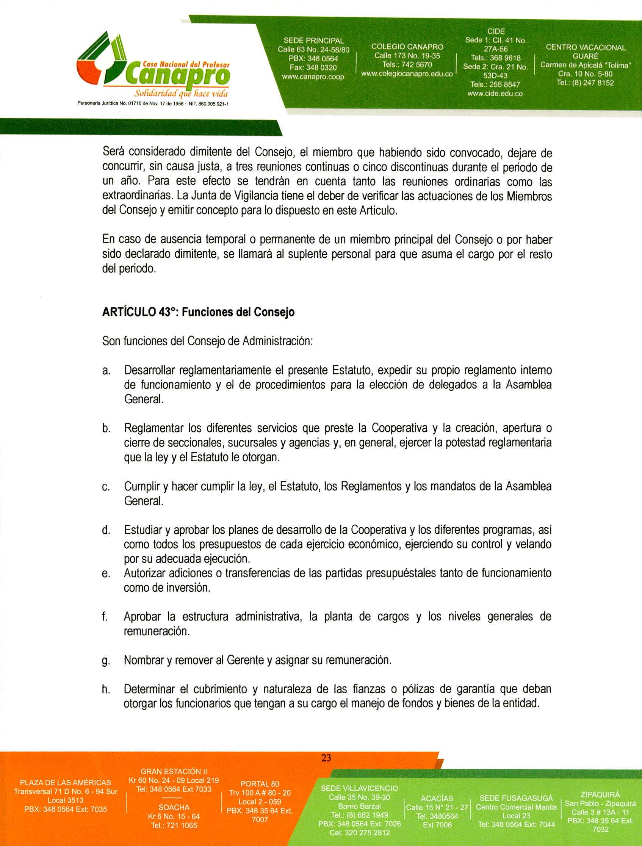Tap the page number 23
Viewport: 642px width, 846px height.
click(326, 758)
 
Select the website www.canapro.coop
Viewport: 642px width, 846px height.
click(313, 77)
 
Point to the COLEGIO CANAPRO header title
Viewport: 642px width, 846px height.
click(407, 47)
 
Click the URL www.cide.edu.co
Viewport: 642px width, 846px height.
click(495, 93)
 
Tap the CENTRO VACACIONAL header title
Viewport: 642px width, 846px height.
click(586, 47)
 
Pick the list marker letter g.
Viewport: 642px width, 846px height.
click(105, 661)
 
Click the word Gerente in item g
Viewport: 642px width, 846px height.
click(245, 660)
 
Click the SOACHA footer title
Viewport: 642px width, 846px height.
click(174, 807)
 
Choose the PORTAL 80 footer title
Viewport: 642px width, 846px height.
click(260, 784)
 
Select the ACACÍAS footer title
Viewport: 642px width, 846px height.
click(437, 799)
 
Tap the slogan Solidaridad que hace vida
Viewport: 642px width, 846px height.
click(181, 94)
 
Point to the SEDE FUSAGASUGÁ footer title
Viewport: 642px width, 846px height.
click(516, 798)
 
